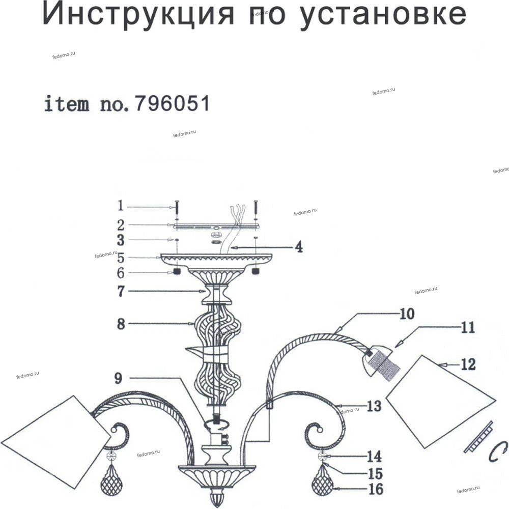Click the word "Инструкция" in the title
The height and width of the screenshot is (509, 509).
coord(139,14)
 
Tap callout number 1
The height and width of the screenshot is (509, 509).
coord(120,206)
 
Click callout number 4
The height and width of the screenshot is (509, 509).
coord(299,248)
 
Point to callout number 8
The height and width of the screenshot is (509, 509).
coord(121,324)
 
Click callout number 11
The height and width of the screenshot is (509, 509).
coord(467,327)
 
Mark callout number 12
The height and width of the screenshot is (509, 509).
coord(467,364)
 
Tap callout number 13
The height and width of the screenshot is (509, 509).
coord(373,406)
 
